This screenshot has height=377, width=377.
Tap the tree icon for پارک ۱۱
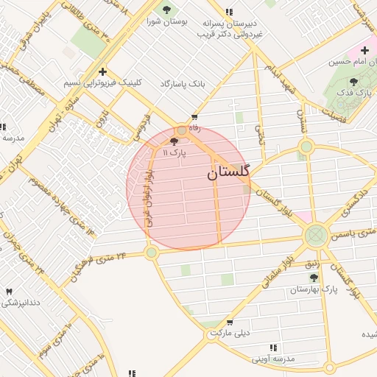click(x=174, y=141)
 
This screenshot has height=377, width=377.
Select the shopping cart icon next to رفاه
click(x=194, y=117)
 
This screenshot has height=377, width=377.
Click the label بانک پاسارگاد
click(x=183, y=85)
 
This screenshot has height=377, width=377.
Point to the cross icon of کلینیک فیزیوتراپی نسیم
click(x=102, y=72)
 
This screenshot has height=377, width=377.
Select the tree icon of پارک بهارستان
click(x=314, y=278)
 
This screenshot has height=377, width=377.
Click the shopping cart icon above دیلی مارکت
click(x=230, y=322)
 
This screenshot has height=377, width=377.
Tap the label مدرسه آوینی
click(x=272, y=359)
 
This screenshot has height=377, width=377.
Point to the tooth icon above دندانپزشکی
click(x=9, y=292)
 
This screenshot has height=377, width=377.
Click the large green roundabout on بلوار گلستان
click(x=316, y=236)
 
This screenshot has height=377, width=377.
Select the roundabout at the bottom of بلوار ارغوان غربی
click(x=152, y=253)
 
